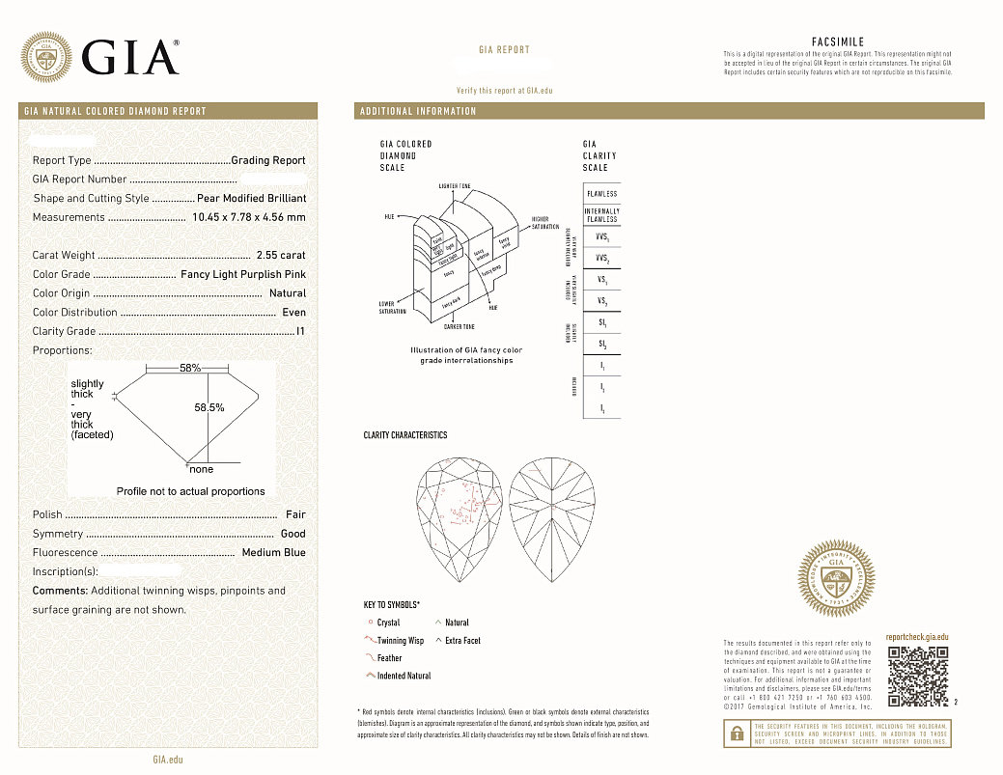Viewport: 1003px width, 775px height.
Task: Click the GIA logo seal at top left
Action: pyautogui.click(x=46, y=58)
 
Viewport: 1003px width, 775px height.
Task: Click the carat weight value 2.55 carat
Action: pyautogui.click(x=281, y=256)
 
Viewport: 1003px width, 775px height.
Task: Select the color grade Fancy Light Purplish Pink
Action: pyautogui.click(x=243, y=275)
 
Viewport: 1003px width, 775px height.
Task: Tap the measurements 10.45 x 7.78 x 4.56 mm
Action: pyautogui.click(x=249, y=217)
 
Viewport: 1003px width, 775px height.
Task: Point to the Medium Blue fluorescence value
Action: pyautogui.click(x=273, y=553)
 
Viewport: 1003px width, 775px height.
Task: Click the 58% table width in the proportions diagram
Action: pyautogui.click(x=190, y=369)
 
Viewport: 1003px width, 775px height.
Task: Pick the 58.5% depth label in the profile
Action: pyautogui.click(x=209, y=408)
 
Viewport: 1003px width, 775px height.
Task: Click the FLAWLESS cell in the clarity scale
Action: pyautogui.click(x=601, y=194)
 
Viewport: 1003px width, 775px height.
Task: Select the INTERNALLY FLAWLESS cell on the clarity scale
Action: pyautogui.click(x=601, y=215)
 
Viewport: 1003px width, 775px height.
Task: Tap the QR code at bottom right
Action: pyautogui.click(x=916, y=676)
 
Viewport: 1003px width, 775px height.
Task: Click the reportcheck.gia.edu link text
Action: pyautogui.click(x=917, y=638)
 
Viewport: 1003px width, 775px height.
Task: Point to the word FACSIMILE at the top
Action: pyautogui.click(x=837, y=42)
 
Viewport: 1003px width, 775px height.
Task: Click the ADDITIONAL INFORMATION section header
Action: pyautogui.click(x=418, y=112)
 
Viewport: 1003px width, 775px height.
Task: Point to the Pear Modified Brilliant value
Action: pyautogui.click(x=251, y=198)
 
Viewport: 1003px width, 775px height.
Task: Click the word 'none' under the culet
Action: pyautogui.click(x=202, y=470)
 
